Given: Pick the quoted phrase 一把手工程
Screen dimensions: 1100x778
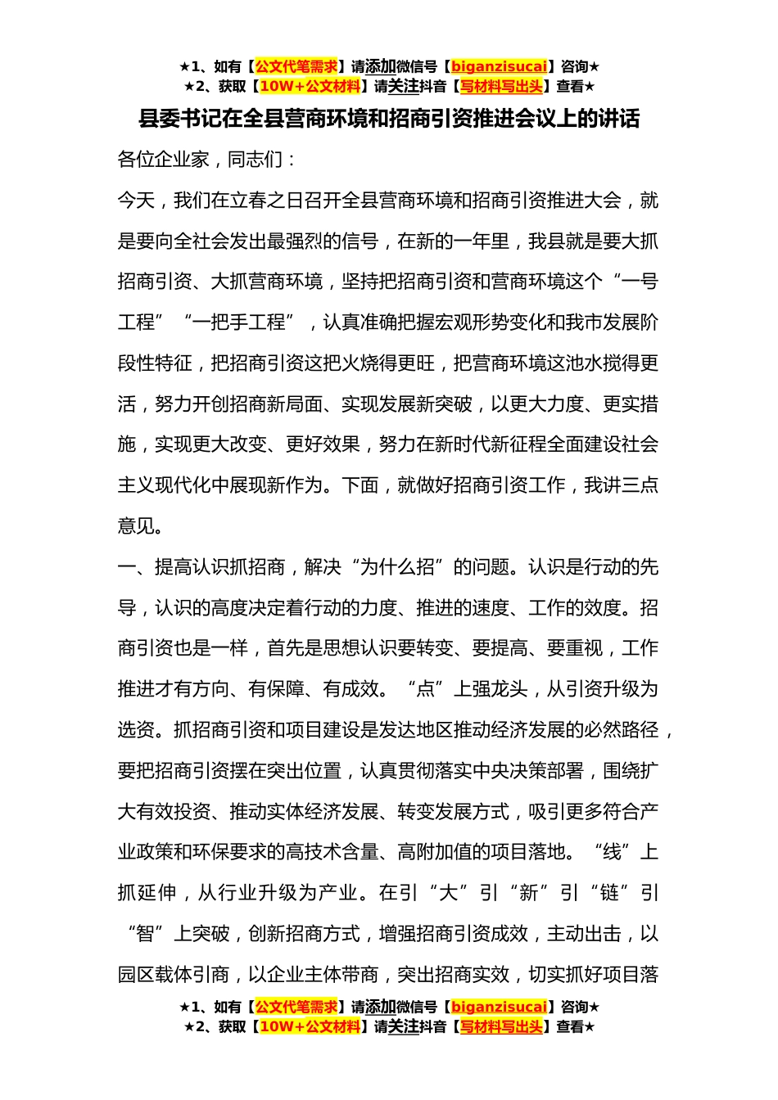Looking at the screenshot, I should click(238, 322).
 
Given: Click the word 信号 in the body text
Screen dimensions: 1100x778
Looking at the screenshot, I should click(360, 241).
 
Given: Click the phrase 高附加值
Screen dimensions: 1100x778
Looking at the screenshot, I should click(435, 852).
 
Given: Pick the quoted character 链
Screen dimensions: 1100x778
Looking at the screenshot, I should click(610, 893).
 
